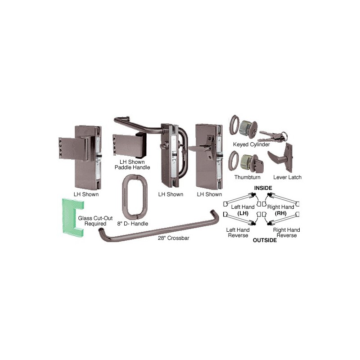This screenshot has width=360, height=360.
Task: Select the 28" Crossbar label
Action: (x=174, y=238)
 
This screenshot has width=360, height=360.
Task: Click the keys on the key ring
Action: (x=273, y=137)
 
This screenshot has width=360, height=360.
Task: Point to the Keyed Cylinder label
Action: (x=252, y=144)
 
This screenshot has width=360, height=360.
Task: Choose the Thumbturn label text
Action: (x=247, y=177)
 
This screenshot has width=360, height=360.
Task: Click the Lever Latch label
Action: (x=287, y=177)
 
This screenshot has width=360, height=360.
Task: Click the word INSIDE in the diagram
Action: (x=263, y=188)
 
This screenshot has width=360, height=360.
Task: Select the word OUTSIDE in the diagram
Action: (x=265, y=240)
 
